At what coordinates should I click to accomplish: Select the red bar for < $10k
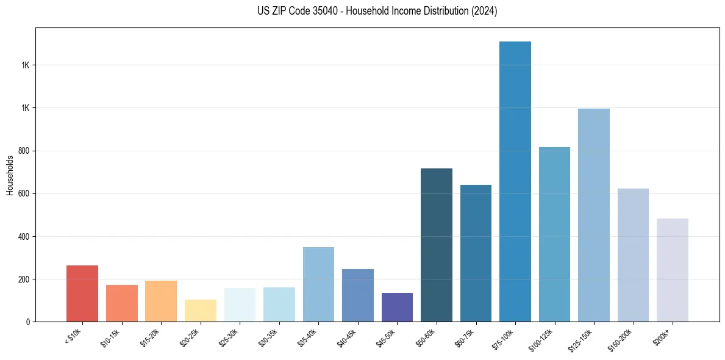pyautogui.click(x=82, y=293)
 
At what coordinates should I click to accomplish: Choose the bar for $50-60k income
pyautogui.click(x=437, y=245)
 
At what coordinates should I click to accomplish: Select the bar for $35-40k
pyautogui.click(x=318, y=284)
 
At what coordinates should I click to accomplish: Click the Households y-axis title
pyautogui.click(x=10, y=175)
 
